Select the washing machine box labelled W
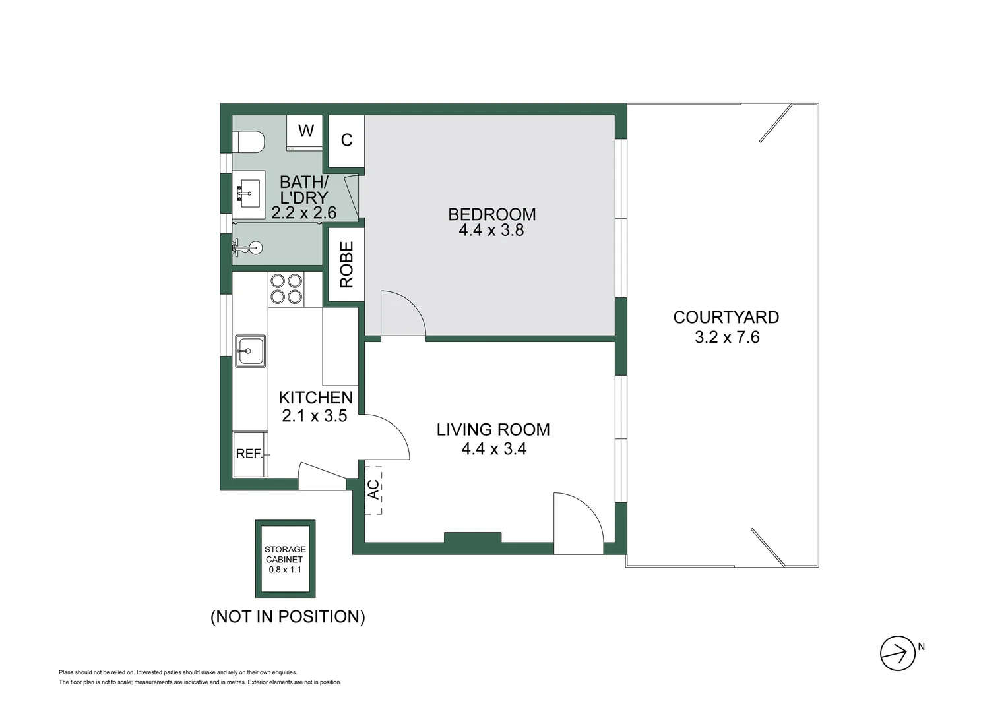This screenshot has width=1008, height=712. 305,131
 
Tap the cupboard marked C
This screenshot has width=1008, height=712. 346,140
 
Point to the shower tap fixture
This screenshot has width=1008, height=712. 248,249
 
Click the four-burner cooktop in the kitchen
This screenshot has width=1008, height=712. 286,289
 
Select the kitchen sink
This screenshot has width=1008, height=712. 251,351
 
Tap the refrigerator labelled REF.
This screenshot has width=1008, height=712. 250,454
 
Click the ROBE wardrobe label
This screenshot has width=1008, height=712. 346,264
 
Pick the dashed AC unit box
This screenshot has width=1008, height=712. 373,489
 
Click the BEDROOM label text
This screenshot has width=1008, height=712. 491,214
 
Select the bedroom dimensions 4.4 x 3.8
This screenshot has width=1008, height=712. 491,231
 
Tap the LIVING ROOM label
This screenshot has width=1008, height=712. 493,430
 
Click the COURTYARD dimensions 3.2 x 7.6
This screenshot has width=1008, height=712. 726,338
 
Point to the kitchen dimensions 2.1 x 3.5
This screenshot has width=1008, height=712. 314,416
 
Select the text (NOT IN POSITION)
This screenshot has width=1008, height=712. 288,616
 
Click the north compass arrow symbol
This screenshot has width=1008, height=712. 897,653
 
